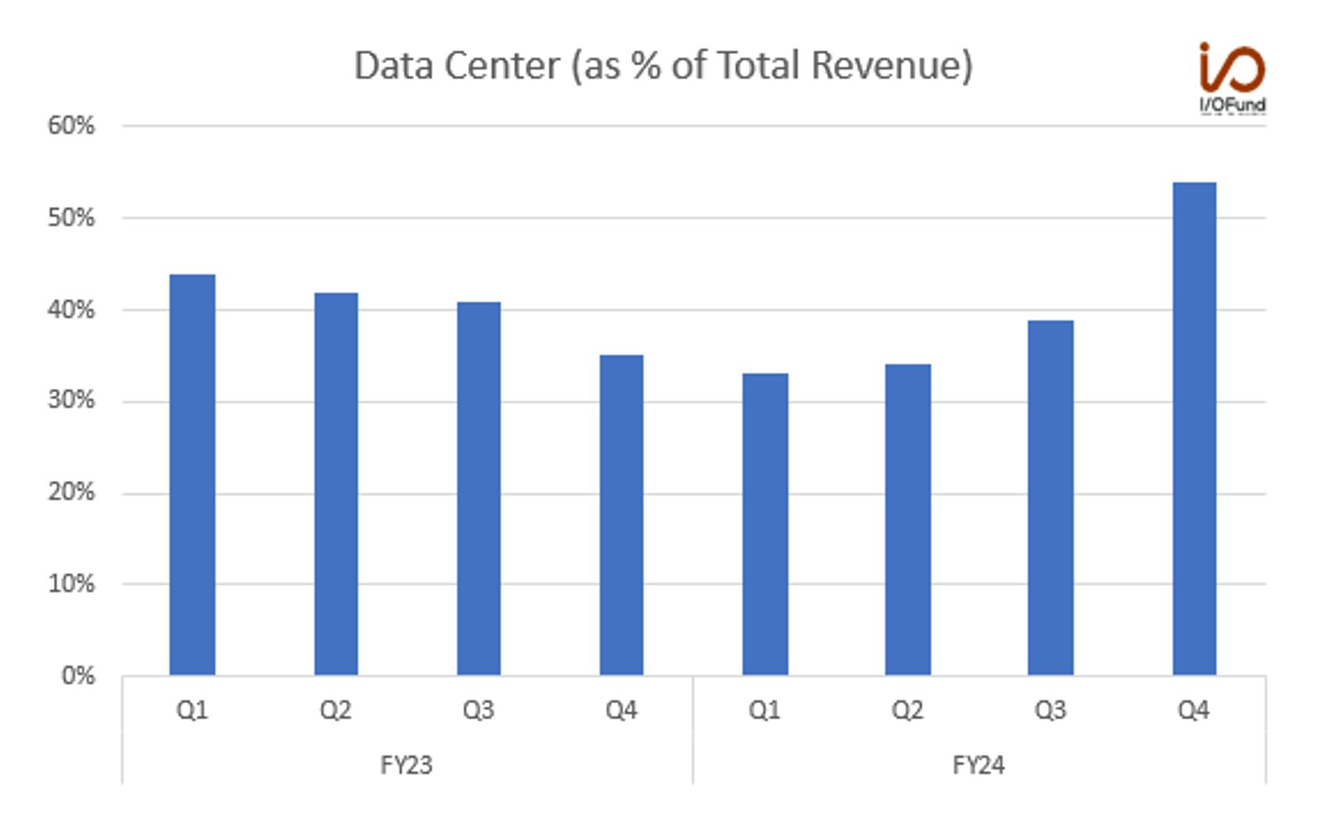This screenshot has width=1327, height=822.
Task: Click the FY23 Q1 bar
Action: point(192,474)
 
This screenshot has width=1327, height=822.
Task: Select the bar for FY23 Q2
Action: point(336,484)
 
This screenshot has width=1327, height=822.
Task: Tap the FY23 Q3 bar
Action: point(479,489)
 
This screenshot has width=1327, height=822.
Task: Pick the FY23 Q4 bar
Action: point(621,515)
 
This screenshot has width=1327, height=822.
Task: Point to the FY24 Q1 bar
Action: point(765,525)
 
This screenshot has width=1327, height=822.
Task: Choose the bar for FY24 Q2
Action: point(908,520)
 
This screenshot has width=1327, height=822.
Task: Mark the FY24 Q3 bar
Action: point(1051,498)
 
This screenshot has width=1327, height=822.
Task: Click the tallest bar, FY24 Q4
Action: point(1194,429)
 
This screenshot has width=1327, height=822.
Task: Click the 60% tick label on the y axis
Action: point(71,125)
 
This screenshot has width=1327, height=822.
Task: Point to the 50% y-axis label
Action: point(71,218)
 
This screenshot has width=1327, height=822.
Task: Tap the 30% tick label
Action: point(71,401)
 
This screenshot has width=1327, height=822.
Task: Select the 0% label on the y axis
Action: point(78,676)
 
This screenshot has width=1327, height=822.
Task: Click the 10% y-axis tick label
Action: point(71,584)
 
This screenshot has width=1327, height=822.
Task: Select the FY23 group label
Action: point(406,765)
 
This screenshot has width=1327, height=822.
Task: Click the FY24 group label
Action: point(979,765)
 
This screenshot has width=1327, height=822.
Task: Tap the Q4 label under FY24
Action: point(1194,710)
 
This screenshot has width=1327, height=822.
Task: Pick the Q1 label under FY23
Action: point(192,710)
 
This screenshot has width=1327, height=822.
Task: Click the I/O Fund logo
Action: point(1233,78)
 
